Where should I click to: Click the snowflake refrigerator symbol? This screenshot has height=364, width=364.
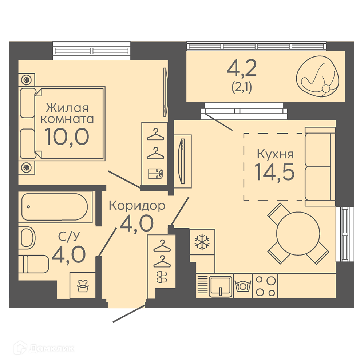pos(202,242)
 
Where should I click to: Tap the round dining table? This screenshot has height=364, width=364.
pos(298,233)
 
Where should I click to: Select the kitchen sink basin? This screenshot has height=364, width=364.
pos(221,286)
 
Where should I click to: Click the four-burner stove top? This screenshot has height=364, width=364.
pos(265,286)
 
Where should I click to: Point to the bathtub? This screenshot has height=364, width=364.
pos(55,207)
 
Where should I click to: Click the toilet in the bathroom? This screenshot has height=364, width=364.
pos(34,264)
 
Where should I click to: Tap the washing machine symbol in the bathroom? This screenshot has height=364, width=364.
pos(83,285)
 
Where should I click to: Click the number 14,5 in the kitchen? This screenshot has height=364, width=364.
pos(274,172)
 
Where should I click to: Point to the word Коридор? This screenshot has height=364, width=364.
pos(137,206)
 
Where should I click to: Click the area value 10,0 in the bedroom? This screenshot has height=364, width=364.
pos(67,137)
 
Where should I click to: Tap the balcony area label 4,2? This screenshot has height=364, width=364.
pos(242,68)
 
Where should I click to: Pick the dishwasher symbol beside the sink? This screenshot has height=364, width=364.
pos(242,286)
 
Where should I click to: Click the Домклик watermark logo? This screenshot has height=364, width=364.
pos(44,348)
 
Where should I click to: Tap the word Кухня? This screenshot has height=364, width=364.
pos(275,154)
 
